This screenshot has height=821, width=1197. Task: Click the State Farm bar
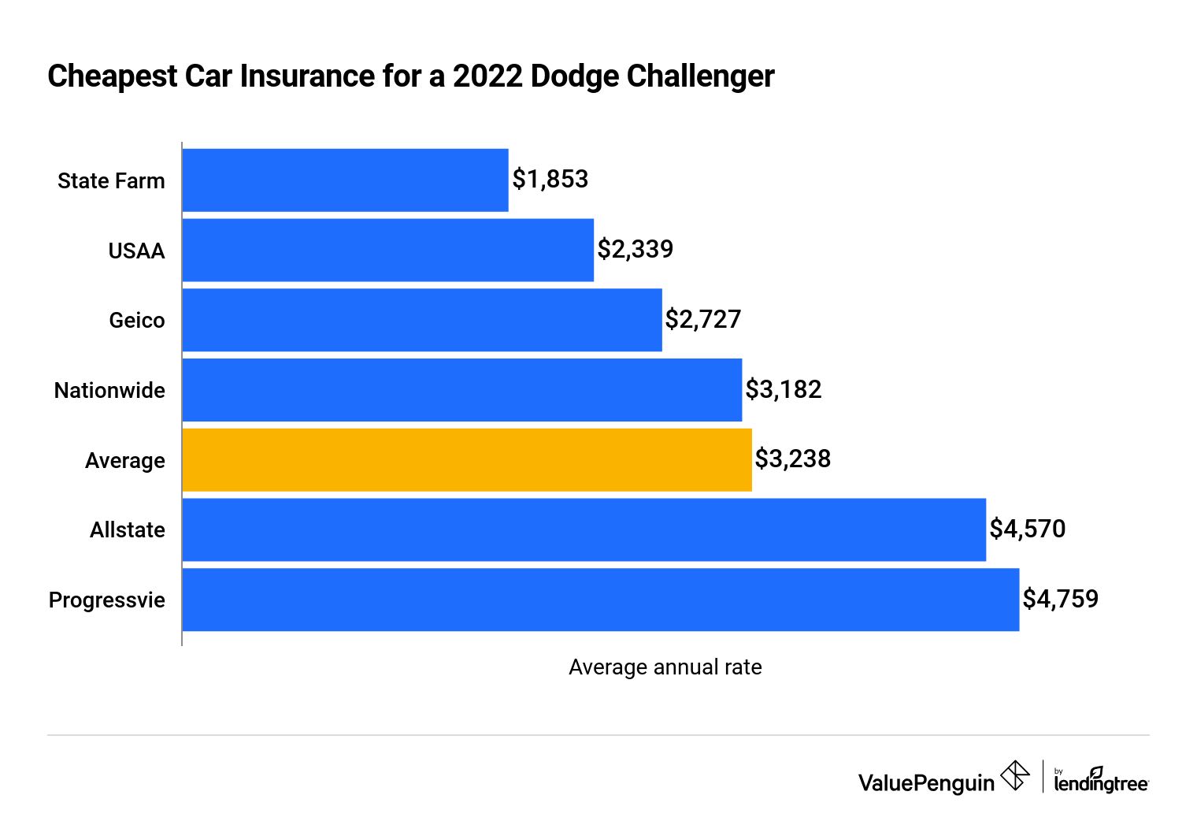345,180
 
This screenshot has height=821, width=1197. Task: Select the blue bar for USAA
387,251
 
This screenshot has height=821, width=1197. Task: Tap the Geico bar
422,320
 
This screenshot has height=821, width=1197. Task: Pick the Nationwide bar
461,390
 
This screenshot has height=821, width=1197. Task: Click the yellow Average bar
466,460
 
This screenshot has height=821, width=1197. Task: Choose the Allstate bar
584,529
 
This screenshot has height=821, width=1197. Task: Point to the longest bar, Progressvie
600,600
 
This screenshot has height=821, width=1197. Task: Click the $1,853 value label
550,180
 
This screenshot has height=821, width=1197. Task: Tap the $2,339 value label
635,250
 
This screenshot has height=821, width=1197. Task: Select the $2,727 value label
702,319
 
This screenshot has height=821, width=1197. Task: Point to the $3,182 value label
783,389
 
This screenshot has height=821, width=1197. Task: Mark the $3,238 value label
792,459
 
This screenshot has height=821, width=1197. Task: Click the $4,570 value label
1027,529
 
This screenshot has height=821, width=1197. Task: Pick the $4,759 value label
1060,599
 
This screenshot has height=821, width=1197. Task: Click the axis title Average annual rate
665,667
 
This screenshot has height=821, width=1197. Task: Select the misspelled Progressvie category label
107,600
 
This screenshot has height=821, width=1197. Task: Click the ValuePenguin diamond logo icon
1014,776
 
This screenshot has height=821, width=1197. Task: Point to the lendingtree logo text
1100,782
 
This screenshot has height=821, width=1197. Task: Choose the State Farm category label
111,181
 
